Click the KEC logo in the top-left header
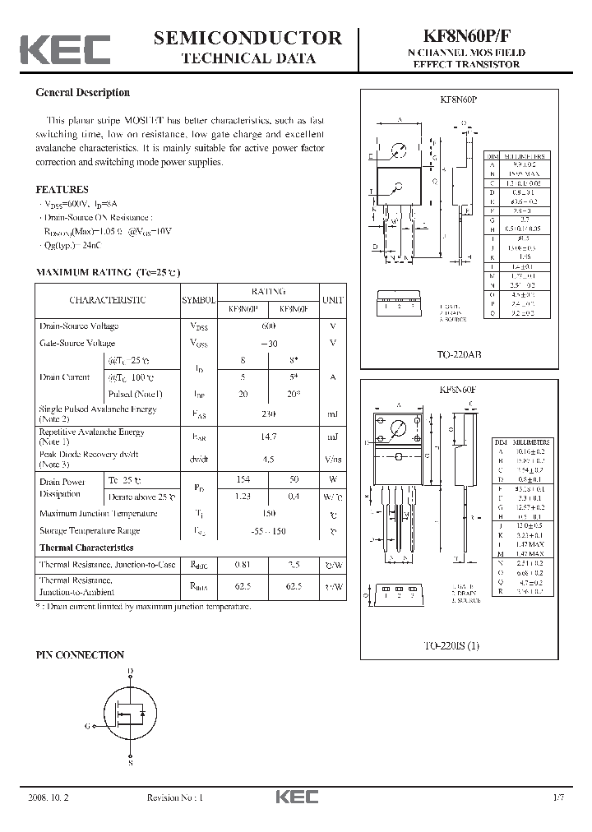[65, 49]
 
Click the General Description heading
[82, 93]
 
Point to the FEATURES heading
[62, 189]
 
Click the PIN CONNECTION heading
[80, 655]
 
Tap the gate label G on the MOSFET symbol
[87, 726]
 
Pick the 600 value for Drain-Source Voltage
[268, 326]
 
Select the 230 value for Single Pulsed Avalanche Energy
[268, 414]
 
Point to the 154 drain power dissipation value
[243, 479]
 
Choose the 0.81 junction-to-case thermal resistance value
[243, 565]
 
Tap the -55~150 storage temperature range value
[268, 531]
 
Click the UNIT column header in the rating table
[333, 300]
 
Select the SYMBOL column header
[197, 300]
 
